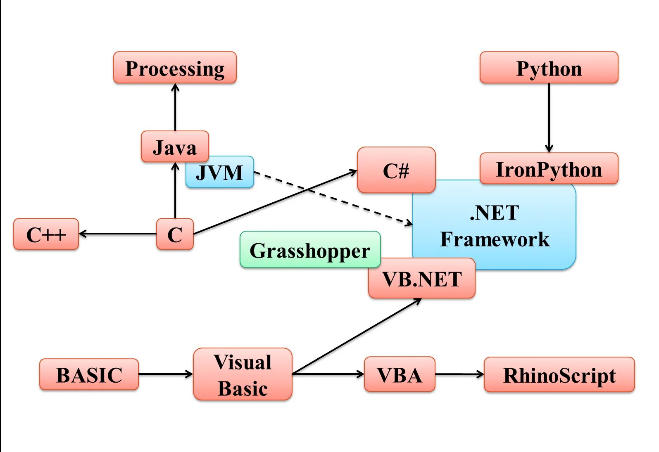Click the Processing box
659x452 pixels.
[175, 68]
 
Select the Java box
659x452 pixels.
[175, 147]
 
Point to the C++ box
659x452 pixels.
[46, 234]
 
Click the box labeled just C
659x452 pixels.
[175, 234]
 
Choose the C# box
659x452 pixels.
[396, 170]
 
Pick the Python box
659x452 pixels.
[549, 68]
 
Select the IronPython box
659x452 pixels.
[549, 169]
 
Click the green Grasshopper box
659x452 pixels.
[310, 250]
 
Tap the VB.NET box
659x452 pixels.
[421, 279]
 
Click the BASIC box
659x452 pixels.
[89, 374]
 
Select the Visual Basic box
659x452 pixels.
[243, 374]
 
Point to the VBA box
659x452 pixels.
[399, 374]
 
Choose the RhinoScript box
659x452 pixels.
[559, 374]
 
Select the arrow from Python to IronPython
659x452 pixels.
[549, 118]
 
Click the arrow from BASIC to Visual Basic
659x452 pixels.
[165, 374]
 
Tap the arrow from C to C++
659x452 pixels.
[118, 234]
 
